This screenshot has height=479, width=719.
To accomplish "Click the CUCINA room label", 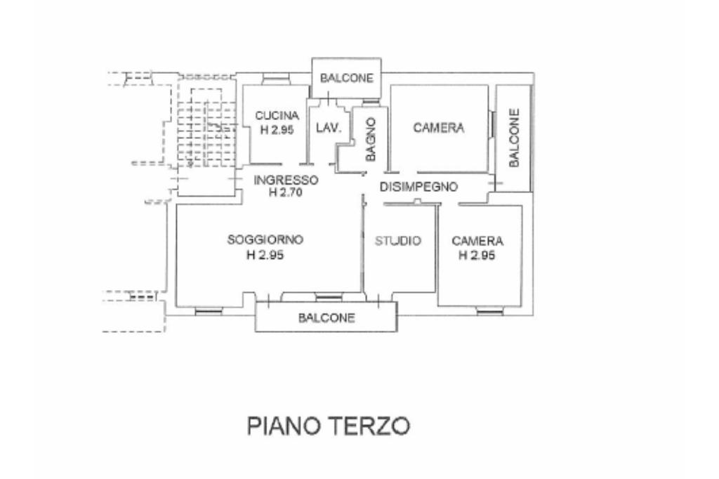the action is coord(277,116).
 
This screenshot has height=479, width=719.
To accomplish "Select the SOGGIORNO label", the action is coord(265,240).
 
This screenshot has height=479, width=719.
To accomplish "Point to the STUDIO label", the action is coord(397,241).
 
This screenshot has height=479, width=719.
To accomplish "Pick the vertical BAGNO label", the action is coord(370,139).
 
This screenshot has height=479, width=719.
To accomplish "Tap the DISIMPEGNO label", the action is coord(418,187).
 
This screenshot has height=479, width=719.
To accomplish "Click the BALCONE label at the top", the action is coord(347,78).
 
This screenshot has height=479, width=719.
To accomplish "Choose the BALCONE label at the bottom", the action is coord(327,317).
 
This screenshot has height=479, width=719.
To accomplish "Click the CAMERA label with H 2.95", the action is coord(477,240).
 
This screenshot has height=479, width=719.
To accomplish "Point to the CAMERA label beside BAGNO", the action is coord(439,128).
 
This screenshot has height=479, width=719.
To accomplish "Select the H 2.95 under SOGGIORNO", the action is coord(265,256).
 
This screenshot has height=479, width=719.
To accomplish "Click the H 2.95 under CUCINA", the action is coord(277,130).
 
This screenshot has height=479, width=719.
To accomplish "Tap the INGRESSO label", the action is coord(286,179).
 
